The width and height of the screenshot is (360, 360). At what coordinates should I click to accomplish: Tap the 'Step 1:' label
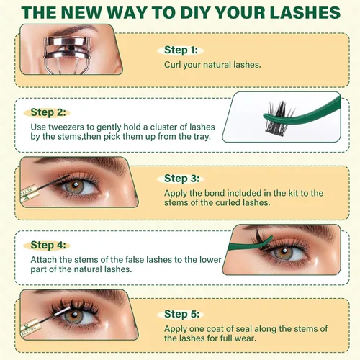point(181,50)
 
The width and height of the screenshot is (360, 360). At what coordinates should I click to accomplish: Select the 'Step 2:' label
point(48,112)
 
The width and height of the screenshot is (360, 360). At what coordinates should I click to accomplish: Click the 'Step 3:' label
point(181,179)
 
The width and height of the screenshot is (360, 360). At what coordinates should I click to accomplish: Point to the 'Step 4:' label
point(48,245)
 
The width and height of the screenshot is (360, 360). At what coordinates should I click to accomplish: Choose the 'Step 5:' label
point(181,314)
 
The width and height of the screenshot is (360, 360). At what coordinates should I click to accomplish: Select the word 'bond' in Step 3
point(214,193)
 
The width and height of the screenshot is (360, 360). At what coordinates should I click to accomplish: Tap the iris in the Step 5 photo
point(74,316)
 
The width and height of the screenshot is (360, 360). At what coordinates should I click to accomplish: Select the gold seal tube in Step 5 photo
point(30,329)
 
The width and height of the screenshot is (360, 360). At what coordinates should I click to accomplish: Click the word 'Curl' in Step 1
point(173,65)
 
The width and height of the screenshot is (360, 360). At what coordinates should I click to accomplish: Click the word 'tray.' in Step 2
point(202,137)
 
